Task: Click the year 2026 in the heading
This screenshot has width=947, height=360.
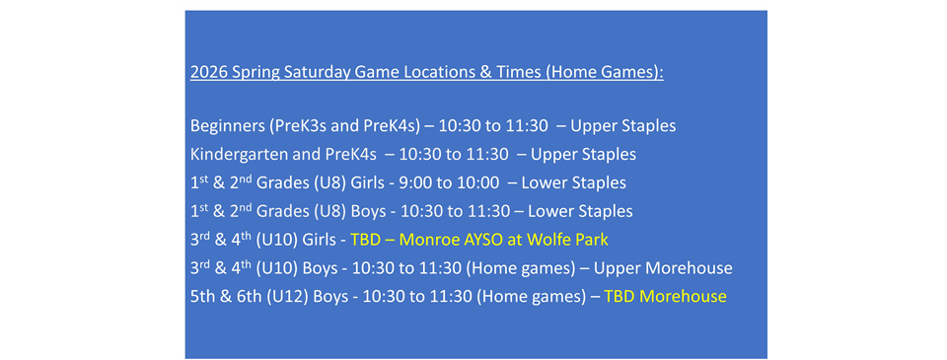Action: click(209, 73)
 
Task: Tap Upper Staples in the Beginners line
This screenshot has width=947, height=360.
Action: click(622, 126)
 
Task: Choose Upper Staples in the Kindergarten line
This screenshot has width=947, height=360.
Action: click(583, 154)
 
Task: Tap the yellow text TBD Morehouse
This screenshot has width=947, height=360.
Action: click(665, 296)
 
